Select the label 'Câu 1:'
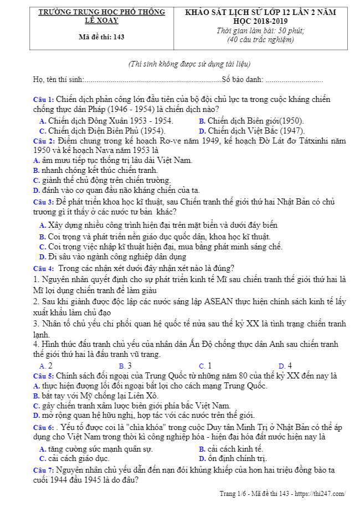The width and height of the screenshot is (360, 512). (x=44, y=100)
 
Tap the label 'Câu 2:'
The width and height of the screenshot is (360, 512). (x=44, y=141)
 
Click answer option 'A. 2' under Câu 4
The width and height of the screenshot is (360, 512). (x=46, y=366)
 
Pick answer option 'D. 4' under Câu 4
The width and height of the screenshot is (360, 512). (x=285, y=366)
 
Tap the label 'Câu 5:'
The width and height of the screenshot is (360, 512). (x=44, y=376)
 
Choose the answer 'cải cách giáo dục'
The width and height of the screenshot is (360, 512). (x=74, y=458)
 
